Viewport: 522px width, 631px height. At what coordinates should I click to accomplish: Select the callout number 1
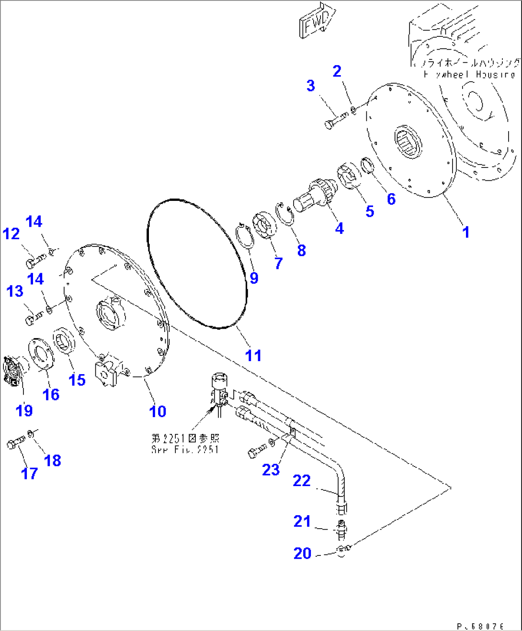[465, 232]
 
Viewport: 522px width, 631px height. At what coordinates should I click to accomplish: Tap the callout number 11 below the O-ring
[253, 355]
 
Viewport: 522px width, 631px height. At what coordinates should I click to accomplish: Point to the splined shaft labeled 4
[314, 195]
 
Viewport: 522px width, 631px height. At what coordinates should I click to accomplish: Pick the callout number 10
[158, 411]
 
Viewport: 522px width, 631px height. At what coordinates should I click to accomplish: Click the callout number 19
[24, 410]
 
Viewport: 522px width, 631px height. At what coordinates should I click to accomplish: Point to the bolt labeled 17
[16, 443]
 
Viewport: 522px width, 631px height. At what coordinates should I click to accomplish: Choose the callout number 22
[302, 480]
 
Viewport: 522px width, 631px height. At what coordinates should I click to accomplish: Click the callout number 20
[302, 553]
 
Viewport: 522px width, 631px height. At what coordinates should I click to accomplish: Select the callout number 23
[271, 470]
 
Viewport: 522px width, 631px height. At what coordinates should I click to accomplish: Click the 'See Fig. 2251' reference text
[185, 449]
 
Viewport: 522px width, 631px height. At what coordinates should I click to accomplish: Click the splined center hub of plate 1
[408, 142]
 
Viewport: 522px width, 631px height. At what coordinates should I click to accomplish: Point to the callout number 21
[302, 521]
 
